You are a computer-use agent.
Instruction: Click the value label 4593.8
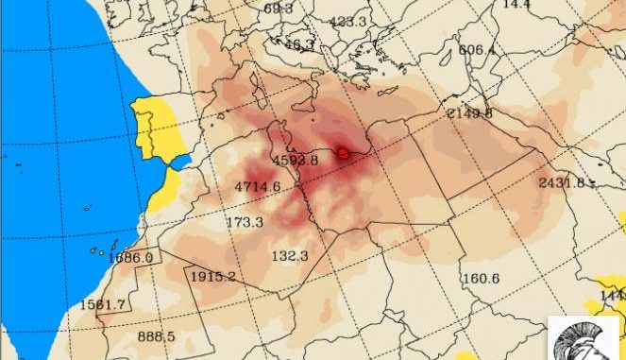pos(295,160)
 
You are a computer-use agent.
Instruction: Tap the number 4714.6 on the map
pos(258,186)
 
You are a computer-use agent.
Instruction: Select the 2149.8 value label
pos(469,113)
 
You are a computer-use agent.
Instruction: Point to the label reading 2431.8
pos(561,182)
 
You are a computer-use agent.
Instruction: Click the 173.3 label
pos(245,222)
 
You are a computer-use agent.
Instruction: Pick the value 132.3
pos(290,256)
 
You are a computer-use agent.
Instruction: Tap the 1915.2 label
pos(212,276)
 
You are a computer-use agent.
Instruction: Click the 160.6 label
pos(481,278)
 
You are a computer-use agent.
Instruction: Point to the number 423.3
pos(348,21)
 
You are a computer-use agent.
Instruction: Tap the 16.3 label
pos(299,43)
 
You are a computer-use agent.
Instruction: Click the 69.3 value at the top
pos(279,9)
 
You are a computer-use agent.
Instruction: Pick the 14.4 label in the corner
pos(516,5)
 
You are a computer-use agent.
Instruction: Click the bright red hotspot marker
pos(344,151)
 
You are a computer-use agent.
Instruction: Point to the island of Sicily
pos(272,127)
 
